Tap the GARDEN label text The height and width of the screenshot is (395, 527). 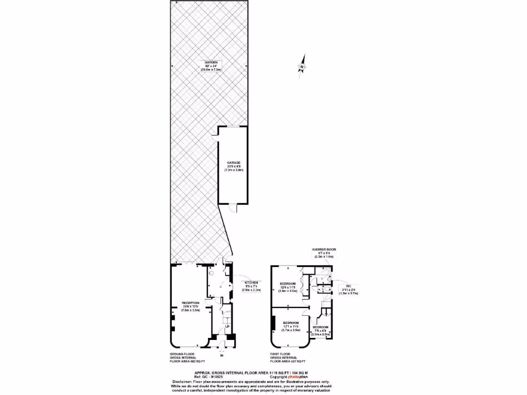[x=207, y=62]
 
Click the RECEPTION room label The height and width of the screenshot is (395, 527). [x=190, y=302]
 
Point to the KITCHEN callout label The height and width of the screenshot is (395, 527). [x=251, y=283]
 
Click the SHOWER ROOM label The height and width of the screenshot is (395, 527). [x=324, y=249]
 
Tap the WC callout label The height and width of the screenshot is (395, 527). [x=347, y=286]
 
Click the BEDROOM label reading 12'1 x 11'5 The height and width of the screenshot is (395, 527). [x=291, y=323]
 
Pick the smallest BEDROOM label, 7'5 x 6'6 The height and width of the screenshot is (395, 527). [x=320, y=327]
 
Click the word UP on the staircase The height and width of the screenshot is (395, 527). [x=226, y=326]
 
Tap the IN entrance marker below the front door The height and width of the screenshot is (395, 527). [x=222, y=355]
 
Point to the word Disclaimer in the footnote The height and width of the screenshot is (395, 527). [x=182, y=382]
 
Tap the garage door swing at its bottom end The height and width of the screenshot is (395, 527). [x=233, y=207]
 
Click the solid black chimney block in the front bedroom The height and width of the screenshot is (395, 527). [x=272, y=325]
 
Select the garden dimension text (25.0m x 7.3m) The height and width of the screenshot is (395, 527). [x=207, y=69]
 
